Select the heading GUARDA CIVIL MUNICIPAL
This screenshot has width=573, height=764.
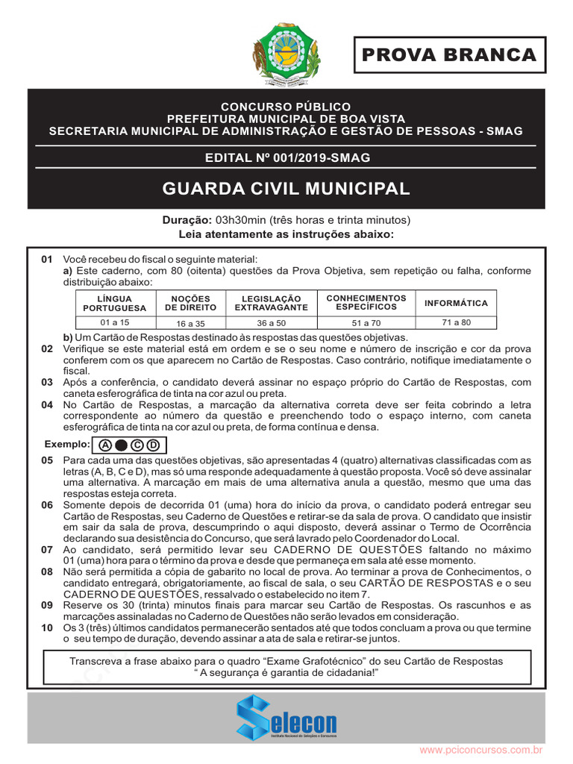point(286,189)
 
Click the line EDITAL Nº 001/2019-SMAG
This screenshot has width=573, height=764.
point(287,157)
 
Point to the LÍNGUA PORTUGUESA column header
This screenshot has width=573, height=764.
point(115,303)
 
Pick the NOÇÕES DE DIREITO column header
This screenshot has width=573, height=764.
point(190,303)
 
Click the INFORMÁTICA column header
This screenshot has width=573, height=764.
point(456,303)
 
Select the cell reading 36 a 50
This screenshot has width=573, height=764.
point(271,323)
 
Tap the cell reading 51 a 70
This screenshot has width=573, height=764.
point(366,323)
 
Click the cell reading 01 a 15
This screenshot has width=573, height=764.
point(115,322)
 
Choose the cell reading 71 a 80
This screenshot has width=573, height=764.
point(456,322)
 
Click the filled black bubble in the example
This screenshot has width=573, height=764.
point(121,446)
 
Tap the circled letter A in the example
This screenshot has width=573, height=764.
point(105,446)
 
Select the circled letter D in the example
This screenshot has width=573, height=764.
point(153,446)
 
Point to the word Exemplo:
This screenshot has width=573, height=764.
point(67,445)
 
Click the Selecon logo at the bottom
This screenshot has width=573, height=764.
point(286,717)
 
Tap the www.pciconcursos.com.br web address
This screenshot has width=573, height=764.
point(480,749)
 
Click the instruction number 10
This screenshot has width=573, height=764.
point(47,628)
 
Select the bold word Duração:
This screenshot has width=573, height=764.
point(187,220)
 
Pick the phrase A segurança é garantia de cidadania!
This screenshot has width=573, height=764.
point(286,673)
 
